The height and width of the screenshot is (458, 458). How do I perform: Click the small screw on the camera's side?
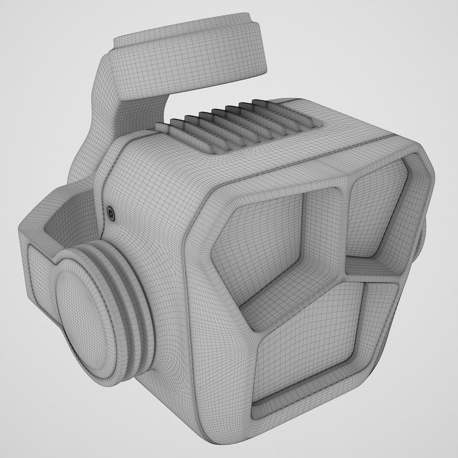[x=111, y=214]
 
